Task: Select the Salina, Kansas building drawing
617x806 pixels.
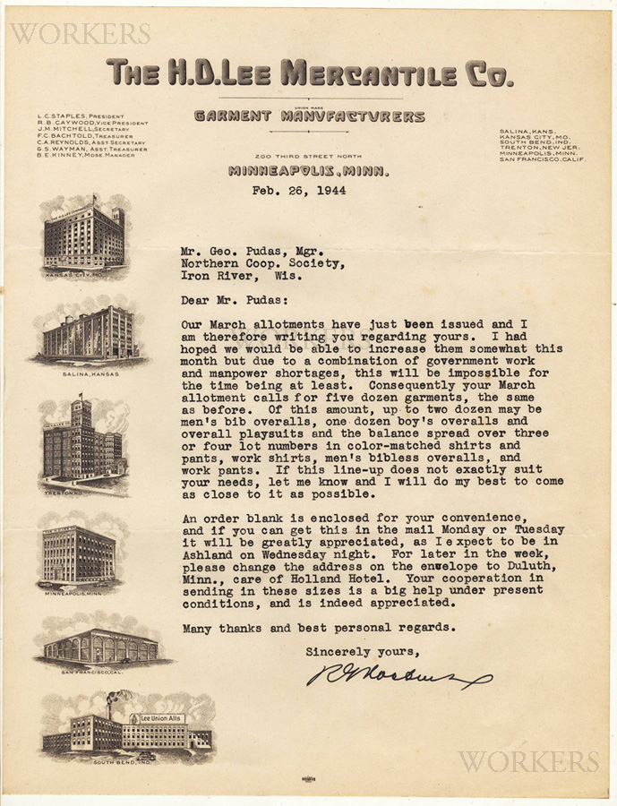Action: (x=88, y=333)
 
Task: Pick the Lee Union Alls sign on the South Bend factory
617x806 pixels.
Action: (x=158, y=718)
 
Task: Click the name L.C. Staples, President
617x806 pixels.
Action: (x=80, y=116)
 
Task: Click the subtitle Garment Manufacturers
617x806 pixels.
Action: (x=309, y=116)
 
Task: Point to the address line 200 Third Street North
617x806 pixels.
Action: (x=309, y=157)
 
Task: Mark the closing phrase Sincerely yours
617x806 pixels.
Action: (x=363, y=651)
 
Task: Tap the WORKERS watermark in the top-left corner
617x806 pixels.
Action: (x=79, y=34)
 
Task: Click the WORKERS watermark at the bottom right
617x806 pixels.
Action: (x=528, y=761)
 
